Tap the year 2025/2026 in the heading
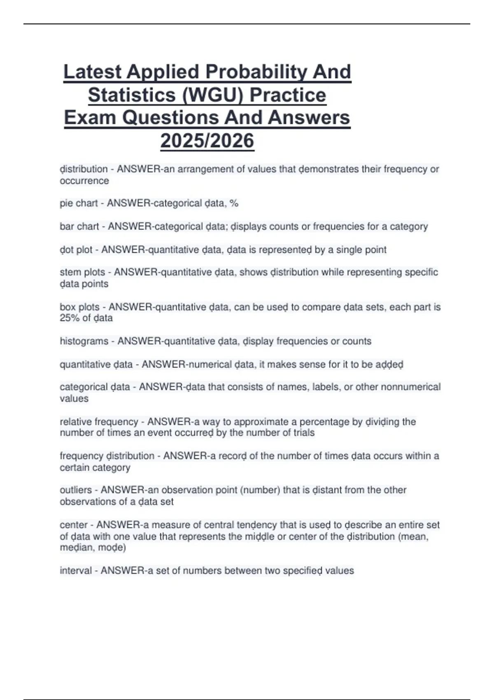click(207, 141)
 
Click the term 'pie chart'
click(79, 203)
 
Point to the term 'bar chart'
click(79, 226)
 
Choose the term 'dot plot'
click(76, 250)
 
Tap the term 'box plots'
click(80, 307)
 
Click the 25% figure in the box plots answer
click(69, 318)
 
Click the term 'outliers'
click(76, 490)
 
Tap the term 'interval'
click(76, 571)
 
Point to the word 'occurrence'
click(84, 181)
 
